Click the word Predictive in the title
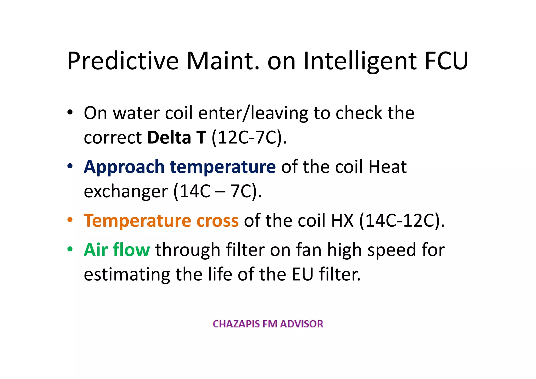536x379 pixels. coord(123,61)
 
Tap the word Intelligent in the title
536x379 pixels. coord(360,61)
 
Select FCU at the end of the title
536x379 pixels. coord(446,61)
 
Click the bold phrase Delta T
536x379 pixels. coord(177,138)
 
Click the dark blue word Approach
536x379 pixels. coord(124,167)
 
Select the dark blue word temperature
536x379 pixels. coord(223,167)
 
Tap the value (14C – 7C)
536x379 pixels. coord(217,192)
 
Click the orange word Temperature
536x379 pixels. coord(137,221)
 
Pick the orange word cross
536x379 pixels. coord(217,221)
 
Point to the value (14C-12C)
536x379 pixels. coord(402,221)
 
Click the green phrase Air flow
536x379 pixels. coord(117,250)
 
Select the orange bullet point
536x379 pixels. coord(70,219)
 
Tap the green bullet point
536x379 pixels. coord(70,249)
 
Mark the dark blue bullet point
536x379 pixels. coord(70,166)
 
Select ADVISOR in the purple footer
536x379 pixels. coord(301,324)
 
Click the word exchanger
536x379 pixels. coord(126,192)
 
